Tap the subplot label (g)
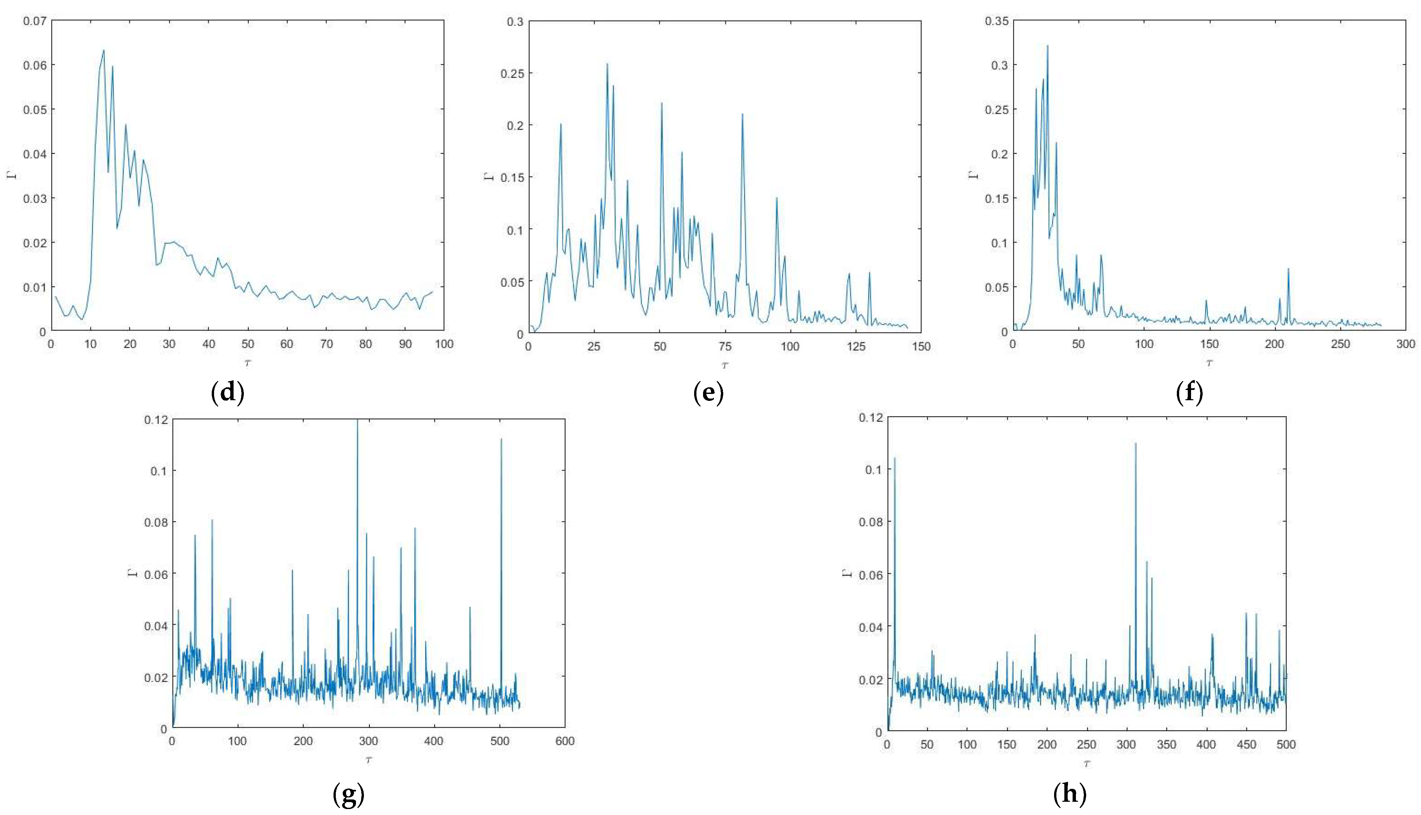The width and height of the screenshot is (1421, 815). [x=348, y=794]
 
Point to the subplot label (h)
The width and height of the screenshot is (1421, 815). [x=1069, y=794]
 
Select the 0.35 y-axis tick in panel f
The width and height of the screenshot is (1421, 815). [x=997, y=21]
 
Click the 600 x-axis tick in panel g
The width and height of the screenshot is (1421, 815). [x=564, y=741]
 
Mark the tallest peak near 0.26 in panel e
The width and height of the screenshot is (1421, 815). [x=607, y=64]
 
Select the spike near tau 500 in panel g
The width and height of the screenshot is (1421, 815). [x=501, y=439]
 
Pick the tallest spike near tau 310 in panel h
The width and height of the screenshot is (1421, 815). [x=1135, y=443]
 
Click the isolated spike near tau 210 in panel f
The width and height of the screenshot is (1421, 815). [x=1288, y=269]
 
